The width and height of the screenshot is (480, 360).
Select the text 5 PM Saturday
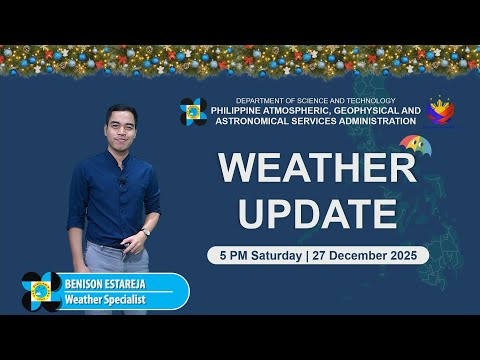pyautogui.click(x=260, y=255)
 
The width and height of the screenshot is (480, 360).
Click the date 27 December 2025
pyautogui.click(x=366, y=255)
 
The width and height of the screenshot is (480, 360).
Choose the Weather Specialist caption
pyautogui.click(x=107, y=300)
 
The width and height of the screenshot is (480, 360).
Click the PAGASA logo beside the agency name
pyautogui.click(x=193, y=112)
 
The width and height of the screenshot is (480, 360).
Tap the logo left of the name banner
pyautogui.click(x=41, y=292)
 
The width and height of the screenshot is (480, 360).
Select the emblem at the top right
pyautogui.click(x=441, y=112)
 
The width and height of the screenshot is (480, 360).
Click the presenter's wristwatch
pyautogui.click(x=146, y=232)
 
